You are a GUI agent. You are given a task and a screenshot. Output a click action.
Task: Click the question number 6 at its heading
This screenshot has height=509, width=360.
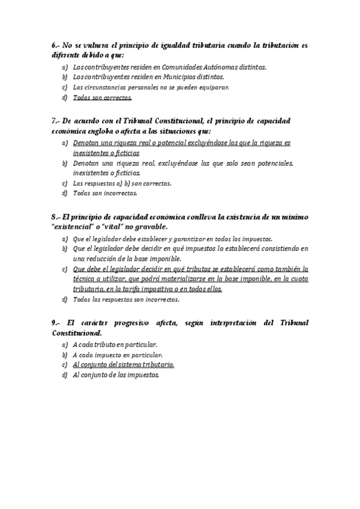pos(55,46)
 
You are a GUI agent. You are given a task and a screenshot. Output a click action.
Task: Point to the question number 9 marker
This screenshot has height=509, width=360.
pos(55,322)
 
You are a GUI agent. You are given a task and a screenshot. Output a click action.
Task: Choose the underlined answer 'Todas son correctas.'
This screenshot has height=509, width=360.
pos(102,97)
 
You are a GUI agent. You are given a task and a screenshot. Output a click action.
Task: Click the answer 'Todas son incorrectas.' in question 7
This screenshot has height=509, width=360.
pos(105,193)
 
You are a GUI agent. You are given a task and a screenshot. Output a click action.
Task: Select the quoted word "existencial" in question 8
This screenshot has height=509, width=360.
pos(76,227)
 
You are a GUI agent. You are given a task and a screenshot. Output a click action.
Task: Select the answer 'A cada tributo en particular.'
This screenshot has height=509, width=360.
pos(115,345)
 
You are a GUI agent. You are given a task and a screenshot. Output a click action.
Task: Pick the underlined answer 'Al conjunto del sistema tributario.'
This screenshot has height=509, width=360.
pos(124,364)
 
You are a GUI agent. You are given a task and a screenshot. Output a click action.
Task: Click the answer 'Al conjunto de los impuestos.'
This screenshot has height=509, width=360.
pos(116,375)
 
